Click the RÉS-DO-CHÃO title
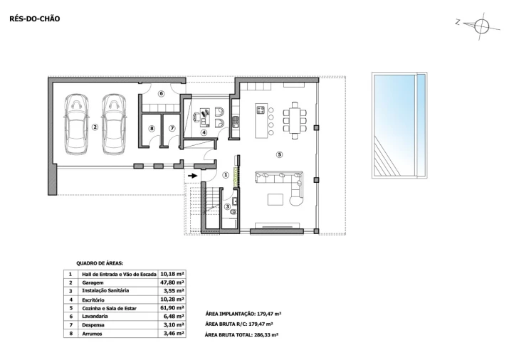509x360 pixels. (35, 18)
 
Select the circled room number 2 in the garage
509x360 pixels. (95, 127)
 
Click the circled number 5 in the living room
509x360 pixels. (280, 154)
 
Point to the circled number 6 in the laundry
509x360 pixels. (161, 94)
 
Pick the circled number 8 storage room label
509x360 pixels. (152, 129)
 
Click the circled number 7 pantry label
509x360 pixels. (172, 129)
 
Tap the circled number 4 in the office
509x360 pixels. (204, 132)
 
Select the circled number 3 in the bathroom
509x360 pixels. (227, 206)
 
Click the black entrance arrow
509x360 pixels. (193, 176)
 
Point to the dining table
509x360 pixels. (295, 121)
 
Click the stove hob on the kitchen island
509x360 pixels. (261, 110)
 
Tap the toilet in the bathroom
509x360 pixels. (233, 212)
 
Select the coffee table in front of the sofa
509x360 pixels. (276, 199)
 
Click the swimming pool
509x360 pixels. (399, 125)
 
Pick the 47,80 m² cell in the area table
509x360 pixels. (172, 282)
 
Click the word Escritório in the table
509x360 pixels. (93, 300)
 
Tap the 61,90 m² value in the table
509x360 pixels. (172, 308)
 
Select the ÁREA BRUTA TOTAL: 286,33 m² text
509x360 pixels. (241, 334)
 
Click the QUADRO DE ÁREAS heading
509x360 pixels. (100, 264)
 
